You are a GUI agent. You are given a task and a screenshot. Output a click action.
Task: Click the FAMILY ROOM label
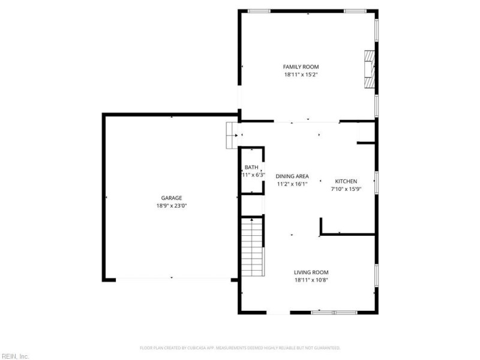tap(301, 67)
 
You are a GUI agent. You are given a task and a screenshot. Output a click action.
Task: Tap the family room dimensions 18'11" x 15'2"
tap(301, 75)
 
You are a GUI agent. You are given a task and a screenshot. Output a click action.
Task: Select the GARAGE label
tap(171, 198)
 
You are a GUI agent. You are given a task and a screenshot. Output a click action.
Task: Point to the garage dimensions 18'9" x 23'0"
tap(171, 206)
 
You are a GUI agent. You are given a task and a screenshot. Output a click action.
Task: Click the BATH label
tap(251, 167)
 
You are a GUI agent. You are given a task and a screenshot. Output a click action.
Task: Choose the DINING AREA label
tap(292, 176)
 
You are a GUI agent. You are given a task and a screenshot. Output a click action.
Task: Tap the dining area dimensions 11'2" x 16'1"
tap(292, 184)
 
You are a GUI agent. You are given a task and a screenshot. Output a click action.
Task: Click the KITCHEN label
tap(346, 181)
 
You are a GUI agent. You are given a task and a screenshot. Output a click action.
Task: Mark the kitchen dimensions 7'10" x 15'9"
tap(346, 189)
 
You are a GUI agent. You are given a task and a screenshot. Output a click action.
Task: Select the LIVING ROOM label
tap(311, 272)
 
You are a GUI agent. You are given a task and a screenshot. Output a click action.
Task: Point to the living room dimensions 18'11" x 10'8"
tap(311, 280)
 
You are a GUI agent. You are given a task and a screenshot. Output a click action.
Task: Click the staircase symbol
tap(252, 247)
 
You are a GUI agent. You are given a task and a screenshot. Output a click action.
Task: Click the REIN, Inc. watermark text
tap(15, 356)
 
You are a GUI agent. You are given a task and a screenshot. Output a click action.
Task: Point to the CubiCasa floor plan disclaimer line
tap(240, 348)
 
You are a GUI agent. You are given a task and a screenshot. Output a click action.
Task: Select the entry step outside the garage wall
tap(229, 135)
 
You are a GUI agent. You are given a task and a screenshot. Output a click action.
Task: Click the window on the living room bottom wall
tap(334, 312)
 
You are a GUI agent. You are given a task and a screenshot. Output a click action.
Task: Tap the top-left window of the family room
tap(259, 10)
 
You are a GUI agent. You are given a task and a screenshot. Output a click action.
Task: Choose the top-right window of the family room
tap(355, 10)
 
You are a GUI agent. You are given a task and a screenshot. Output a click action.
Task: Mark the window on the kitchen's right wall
tap(376, 182)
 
